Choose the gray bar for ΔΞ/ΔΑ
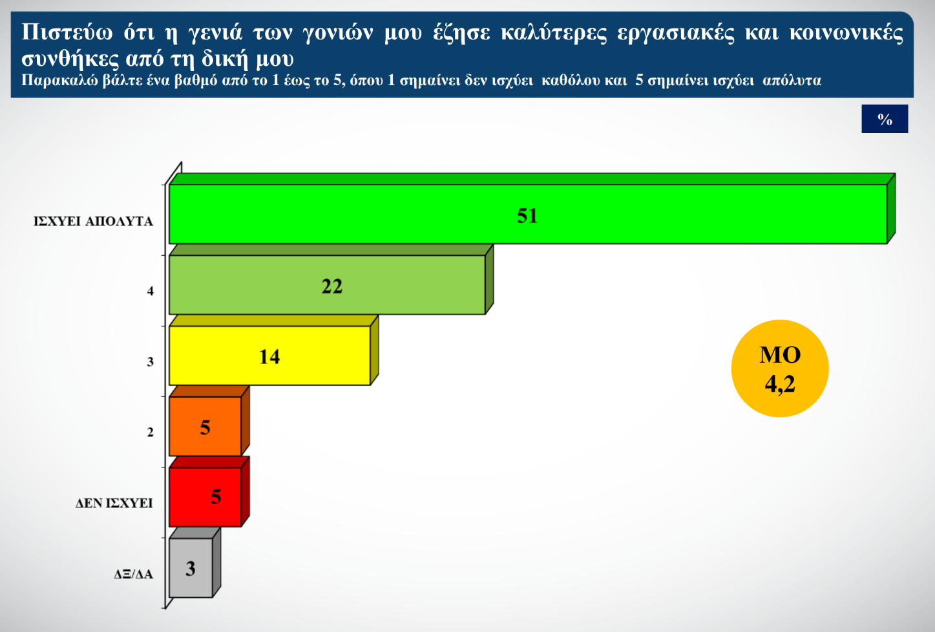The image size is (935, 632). pos(200,568)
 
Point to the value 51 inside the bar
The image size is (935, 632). pos(527,216)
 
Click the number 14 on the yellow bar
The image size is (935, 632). pos(269,356)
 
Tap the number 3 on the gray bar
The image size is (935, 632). pos(190,569)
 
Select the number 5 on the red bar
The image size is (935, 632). pos(216,496)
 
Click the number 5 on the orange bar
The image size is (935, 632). pos(205,427)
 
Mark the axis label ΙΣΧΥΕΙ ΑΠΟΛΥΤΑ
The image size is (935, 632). pos(93,221)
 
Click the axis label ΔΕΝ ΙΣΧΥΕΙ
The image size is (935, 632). pos(114,503)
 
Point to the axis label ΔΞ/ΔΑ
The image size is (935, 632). pos(133,574)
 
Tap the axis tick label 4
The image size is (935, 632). pos(150,291)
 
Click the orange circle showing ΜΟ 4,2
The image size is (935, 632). pos(780,369)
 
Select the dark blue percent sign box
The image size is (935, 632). pos(885,119)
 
